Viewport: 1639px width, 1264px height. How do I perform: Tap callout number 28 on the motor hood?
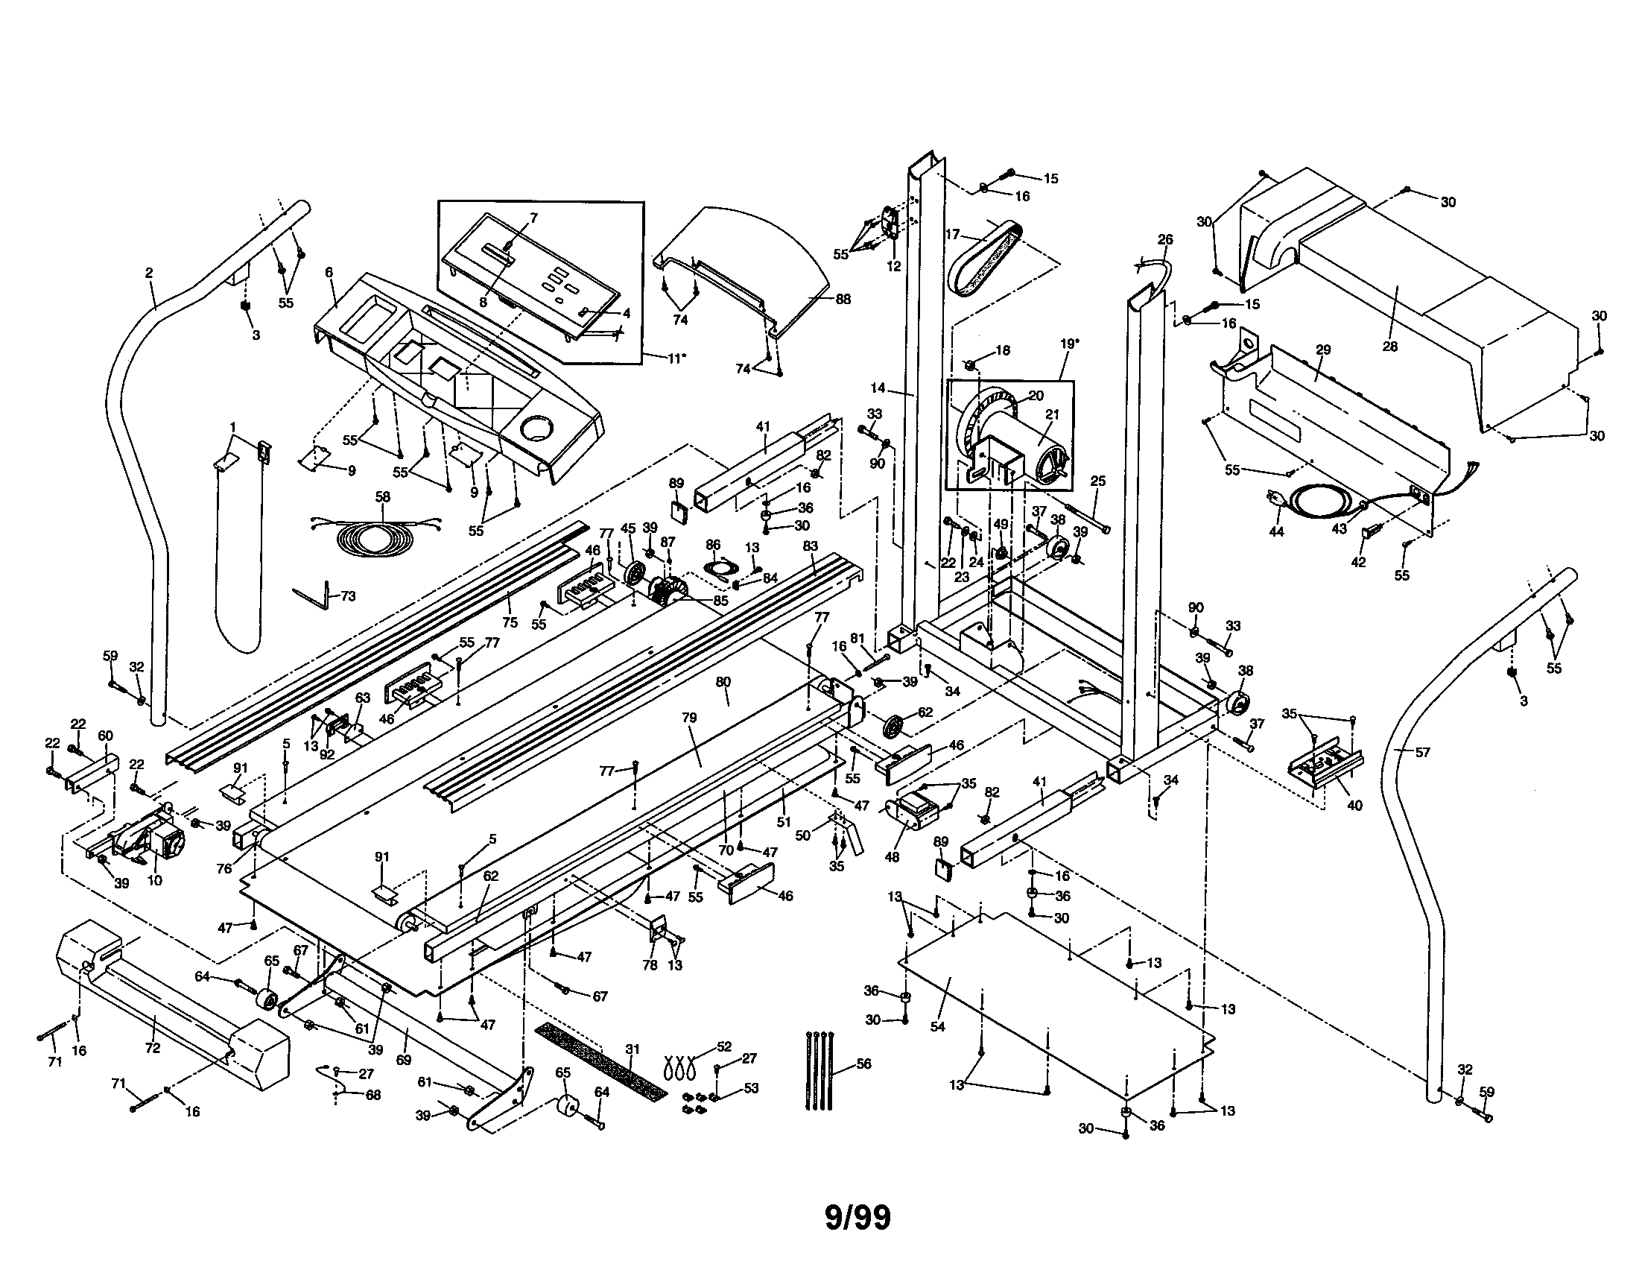pyautogui.click(x=1390, y=346)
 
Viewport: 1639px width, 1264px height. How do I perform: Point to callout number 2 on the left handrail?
pyautogui.click(x=148, y=274)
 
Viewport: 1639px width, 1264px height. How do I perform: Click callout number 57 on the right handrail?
pyautogui.click(x=1422, y=752)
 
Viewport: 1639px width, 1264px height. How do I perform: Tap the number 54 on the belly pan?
pyautogui.click(x=937, y=1026)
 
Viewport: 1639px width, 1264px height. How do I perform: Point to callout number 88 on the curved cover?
pyautogui.click(x=843, y=299)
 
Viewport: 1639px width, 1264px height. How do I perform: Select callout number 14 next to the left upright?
pyautogui.click(x=878, y=388)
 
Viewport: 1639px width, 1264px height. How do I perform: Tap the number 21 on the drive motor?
pyautogui.click(x=1052, y=414)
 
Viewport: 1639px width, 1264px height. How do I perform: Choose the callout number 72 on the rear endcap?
pyautogui.click(x=152, y=1048)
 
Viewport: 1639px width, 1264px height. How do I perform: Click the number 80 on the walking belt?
pyautogui.click(x=723, y=681)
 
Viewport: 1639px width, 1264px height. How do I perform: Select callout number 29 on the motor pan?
pyautogui.click(x=1323, y=350)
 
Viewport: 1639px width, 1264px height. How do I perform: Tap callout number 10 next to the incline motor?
pyautogui.click(x=154, y=880)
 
